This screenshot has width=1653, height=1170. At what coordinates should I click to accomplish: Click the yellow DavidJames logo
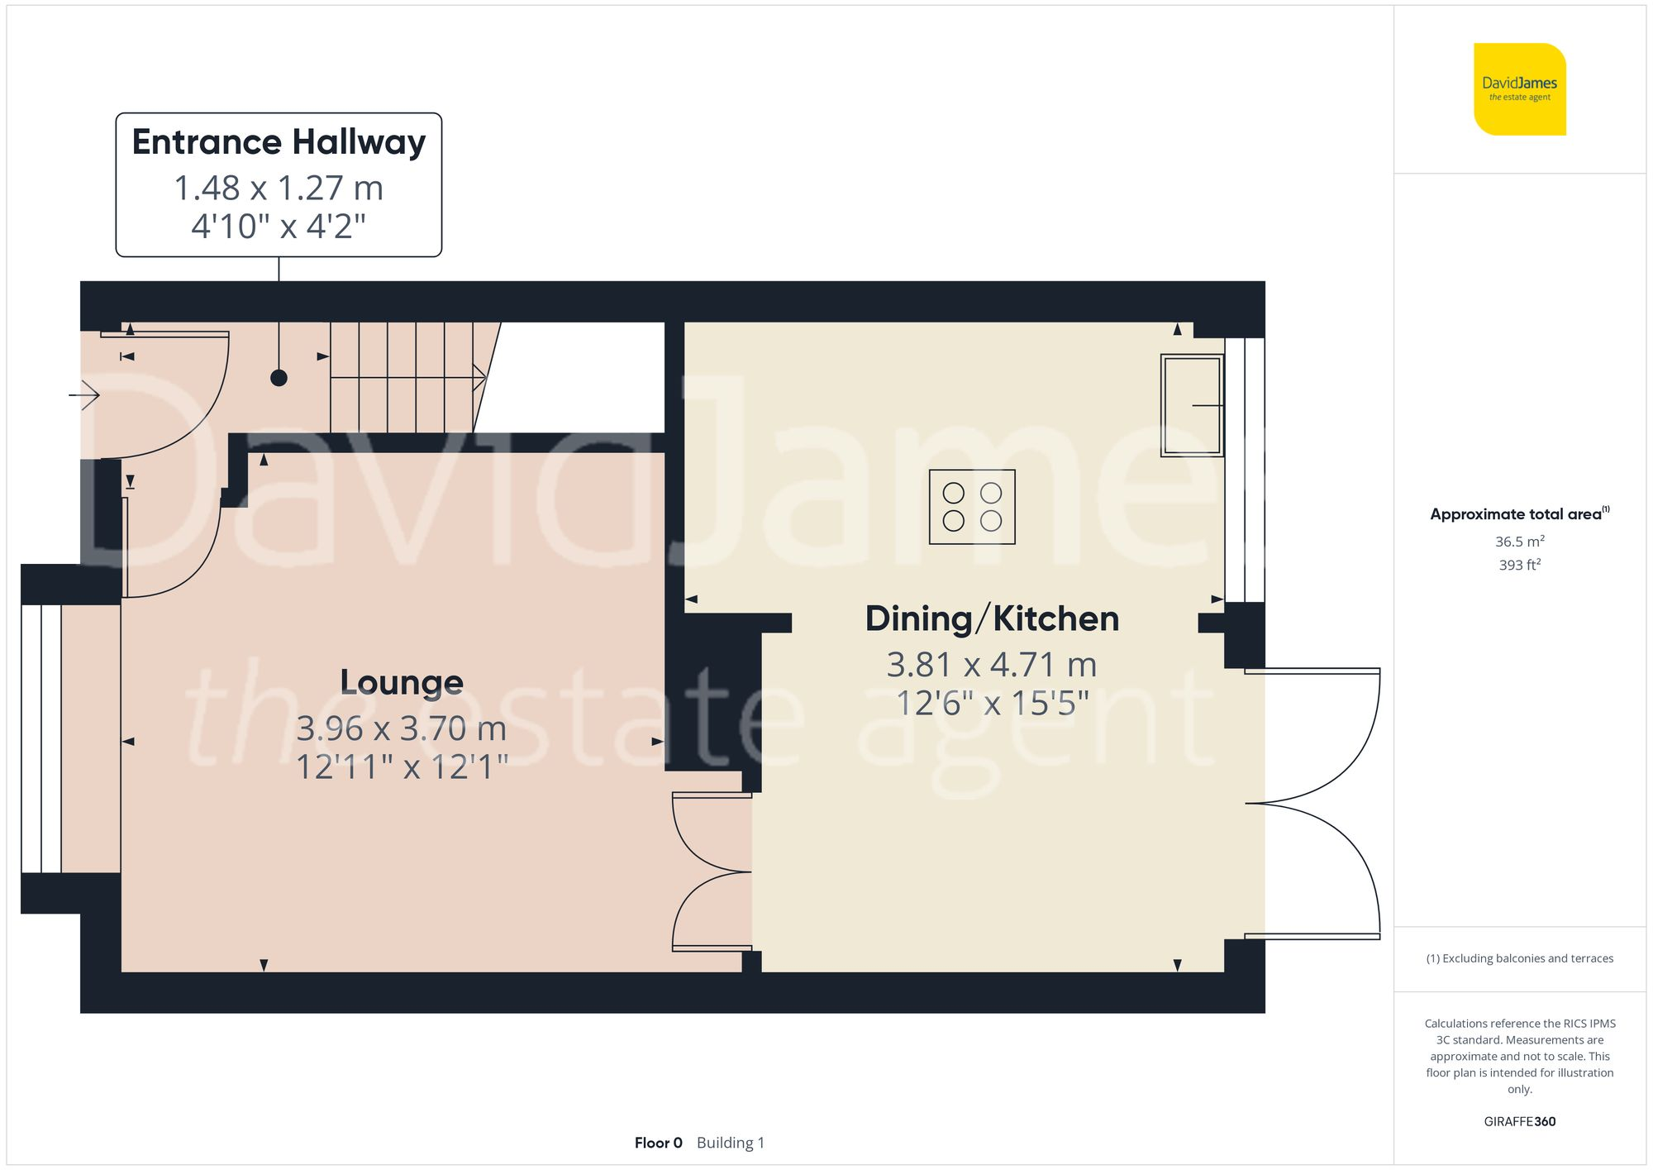[x=1519, y=89]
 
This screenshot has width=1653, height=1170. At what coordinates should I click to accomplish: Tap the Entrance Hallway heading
[x=279, y=142]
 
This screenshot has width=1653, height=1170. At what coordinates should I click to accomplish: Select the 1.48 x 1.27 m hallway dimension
[x=279, y=189]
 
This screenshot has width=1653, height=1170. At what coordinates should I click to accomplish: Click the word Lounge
[x=402, y=683]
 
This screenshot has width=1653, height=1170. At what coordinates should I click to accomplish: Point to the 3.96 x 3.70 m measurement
[x=402, y=728]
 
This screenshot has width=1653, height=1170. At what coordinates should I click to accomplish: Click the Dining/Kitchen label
[x=992, y=619]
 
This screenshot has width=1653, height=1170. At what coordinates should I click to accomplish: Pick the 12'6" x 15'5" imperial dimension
[x=992, y=704]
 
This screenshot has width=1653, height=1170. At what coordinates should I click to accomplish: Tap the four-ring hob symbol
[x=972, y=507]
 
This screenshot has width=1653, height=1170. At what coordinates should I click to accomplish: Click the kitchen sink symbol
[x=1191, y=405]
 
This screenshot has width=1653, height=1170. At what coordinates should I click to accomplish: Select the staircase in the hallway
[x=405, y=377]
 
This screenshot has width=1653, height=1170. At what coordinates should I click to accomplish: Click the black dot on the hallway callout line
[x=279, y=378]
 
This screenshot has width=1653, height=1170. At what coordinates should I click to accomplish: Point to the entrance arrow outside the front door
[x=84, y=395]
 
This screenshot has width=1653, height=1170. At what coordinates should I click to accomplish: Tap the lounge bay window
[x=40, y=738]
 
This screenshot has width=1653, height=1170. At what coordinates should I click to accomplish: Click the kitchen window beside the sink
[x=1245, y=469]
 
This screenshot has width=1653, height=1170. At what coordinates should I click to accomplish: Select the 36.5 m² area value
[x=1519, y=542]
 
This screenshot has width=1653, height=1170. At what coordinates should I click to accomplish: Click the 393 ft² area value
[x=1519, y=565]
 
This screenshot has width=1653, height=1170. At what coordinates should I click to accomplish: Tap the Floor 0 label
[x=658, y=1143]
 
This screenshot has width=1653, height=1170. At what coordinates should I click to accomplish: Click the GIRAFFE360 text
[x=1519, y=1122]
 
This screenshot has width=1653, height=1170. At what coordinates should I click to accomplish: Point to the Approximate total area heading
[x=1519, y=514]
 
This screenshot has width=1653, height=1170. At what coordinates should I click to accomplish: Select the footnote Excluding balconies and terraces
[x=1519, y=958]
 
